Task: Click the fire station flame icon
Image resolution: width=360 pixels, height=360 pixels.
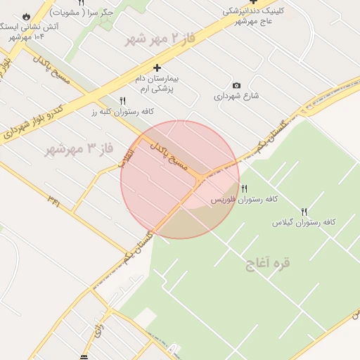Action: coord(27,15)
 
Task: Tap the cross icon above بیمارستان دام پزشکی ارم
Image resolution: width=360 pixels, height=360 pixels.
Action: coord(156,67)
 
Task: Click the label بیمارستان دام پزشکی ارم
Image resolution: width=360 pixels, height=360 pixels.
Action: coord(156,84)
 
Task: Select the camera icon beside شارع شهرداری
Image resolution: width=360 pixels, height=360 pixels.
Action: coord(236,86)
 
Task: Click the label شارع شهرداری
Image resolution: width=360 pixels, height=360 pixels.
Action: coord(237,96)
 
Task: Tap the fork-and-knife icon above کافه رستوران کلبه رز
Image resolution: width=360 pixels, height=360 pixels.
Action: coord(123,101)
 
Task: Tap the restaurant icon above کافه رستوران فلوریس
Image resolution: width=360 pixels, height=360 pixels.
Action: coord(244,188)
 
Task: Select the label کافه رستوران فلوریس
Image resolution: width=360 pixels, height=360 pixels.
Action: coord(244,200)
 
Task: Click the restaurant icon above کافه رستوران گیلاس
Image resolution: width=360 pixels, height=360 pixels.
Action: coord(304,211)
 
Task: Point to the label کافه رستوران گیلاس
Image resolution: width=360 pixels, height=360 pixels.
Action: coord(304,222)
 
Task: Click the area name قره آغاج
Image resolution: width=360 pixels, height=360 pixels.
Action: coord(267,264)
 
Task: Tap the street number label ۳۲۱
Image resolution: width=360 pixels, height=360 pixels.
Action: coord(53,200)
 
